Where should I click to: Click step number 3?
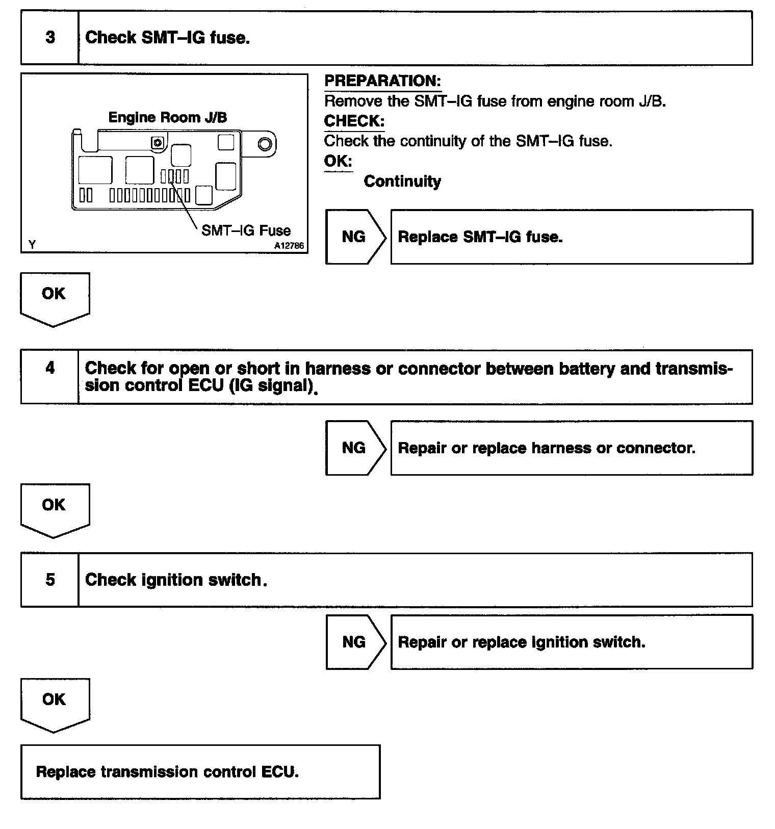click(x=50, y=38)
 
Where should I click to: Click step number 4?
click(x=50, y=368)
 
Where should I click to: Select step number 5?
click(x=50, y=580)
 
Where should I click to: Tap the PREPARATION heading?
click(x=382, y=81)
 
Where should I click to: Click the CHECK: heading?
click(x=354, y=121)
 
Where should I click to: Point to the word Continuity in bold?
click(x=402, y=182)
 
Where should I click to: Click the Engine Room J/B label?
click(x=168, y=118)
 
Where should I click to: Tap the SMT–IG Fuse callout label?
click(x=246, y=230)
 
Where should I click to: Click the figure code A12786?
click(x=289, y=246)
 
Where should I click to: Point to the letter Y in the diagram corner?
click(x=32, y=245)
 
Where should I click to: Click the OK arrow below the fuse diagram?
click(x=54, y=297)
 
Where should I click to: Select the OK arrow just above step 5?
click(x=54, y=508)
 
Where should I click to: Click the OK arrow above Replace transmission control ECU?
click(x=54, y=702)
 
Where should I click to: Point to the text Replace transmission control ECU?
click(x=167, y=772)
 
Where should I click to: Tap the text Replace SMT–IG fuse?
click(x=480, y=237)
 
